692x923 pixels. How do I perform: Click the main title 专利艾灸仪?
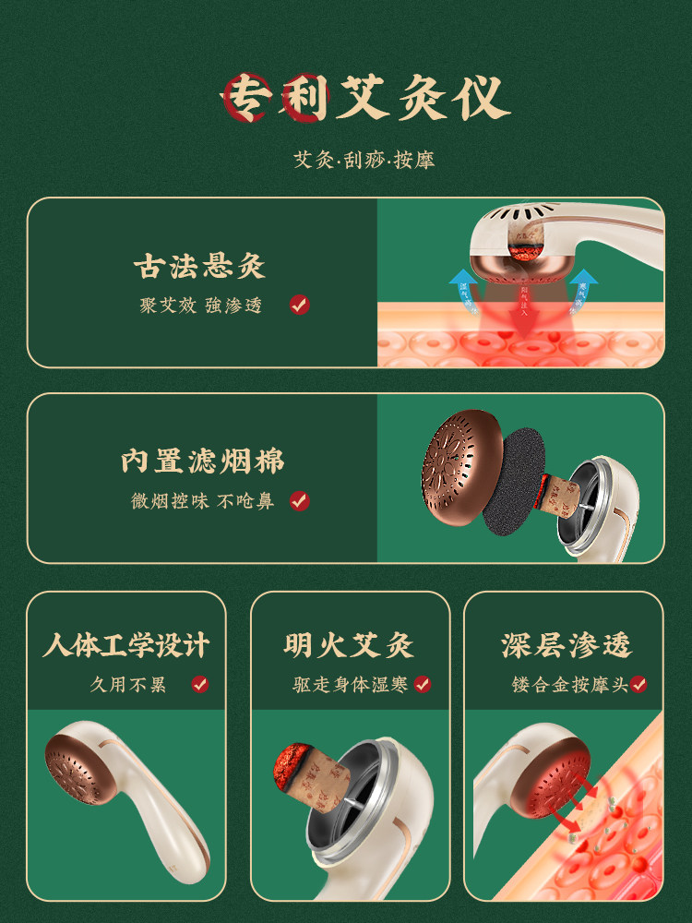click(364, 97)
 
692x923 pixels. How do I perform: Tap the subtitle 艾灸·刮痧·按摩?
click(364, 160)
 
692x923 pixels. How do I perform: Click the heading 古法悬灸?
click(199, 267)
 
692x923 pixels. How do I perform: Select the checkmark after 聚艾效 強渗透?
click(299, 305)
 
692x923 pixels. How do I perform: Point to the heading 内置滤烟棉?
click(202, 461)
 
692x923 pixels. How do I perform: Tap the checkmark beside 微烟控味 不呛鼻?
click(299, 501)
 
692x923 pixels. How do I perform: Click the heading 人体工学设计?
click(125, 644)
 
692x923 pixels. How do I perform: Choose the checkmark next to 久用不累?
click(199, 684)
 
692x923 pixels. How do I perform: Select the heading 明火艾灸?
click(349, 644)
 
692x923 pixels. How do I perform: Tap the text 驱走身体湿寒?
click(347, 685)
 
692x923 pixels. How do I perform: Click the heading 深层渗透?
click(567, 644)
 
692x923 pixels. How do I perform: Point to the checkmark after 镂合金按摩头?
click(638, 684)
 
